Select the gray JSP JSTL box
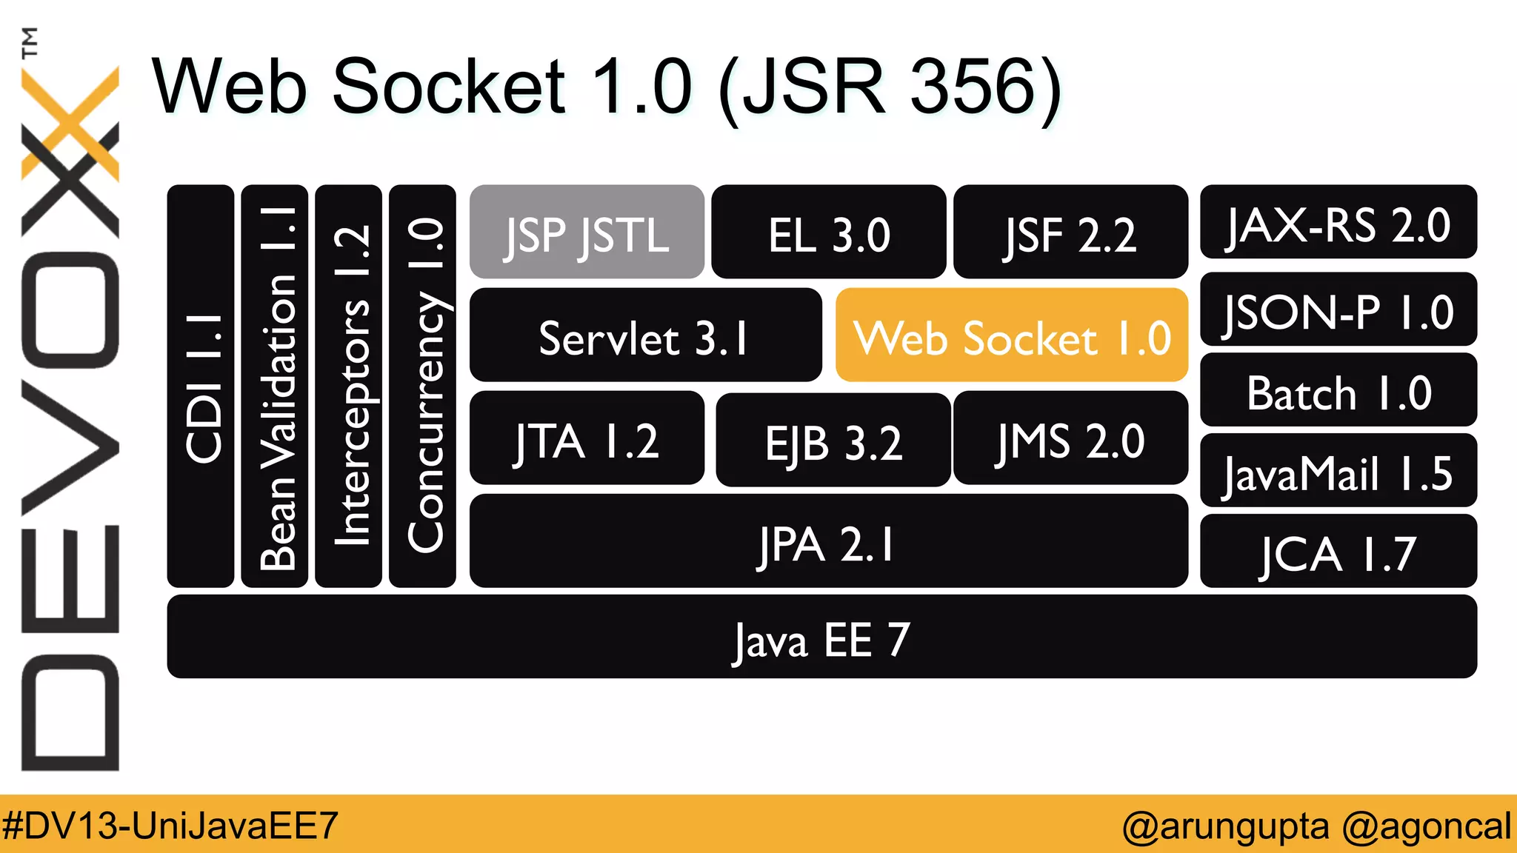tap(587, 233)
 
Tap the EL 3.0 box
tap(828, 233)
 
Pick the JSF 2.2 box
tap(1070, 233)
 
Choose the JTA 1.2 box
tap(587, 438)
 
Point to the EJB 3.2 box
tap(833, 440)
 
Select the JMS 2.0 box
tap(1070, 438)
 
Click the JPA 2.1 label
tap(827, 543)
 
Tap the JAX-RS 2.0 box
tap(1338, 222)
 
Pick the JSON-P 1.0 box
tap(1338, 310)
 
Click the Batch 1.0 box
tap(1338, 390)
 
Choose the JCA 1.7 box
tap(1338, 552)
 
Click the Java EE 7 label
tap(821, 638)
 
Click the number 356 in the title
tap(973, 87)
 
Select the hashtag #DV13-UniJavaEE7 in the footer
tap(170, 825)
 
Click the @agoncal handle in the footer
tap(1426, 825)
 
